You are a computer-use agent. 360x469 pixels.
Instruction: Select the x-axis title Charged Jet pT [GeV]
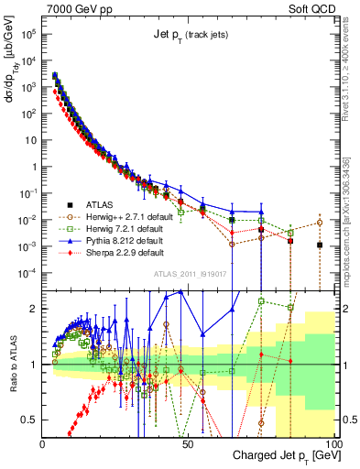pos(284,456)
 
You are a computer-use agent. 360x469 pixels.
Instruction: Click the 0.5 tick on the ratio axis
pos(30,420)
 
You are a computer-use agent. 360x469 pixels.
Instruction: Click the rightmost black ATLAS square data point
pos(319,245)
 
